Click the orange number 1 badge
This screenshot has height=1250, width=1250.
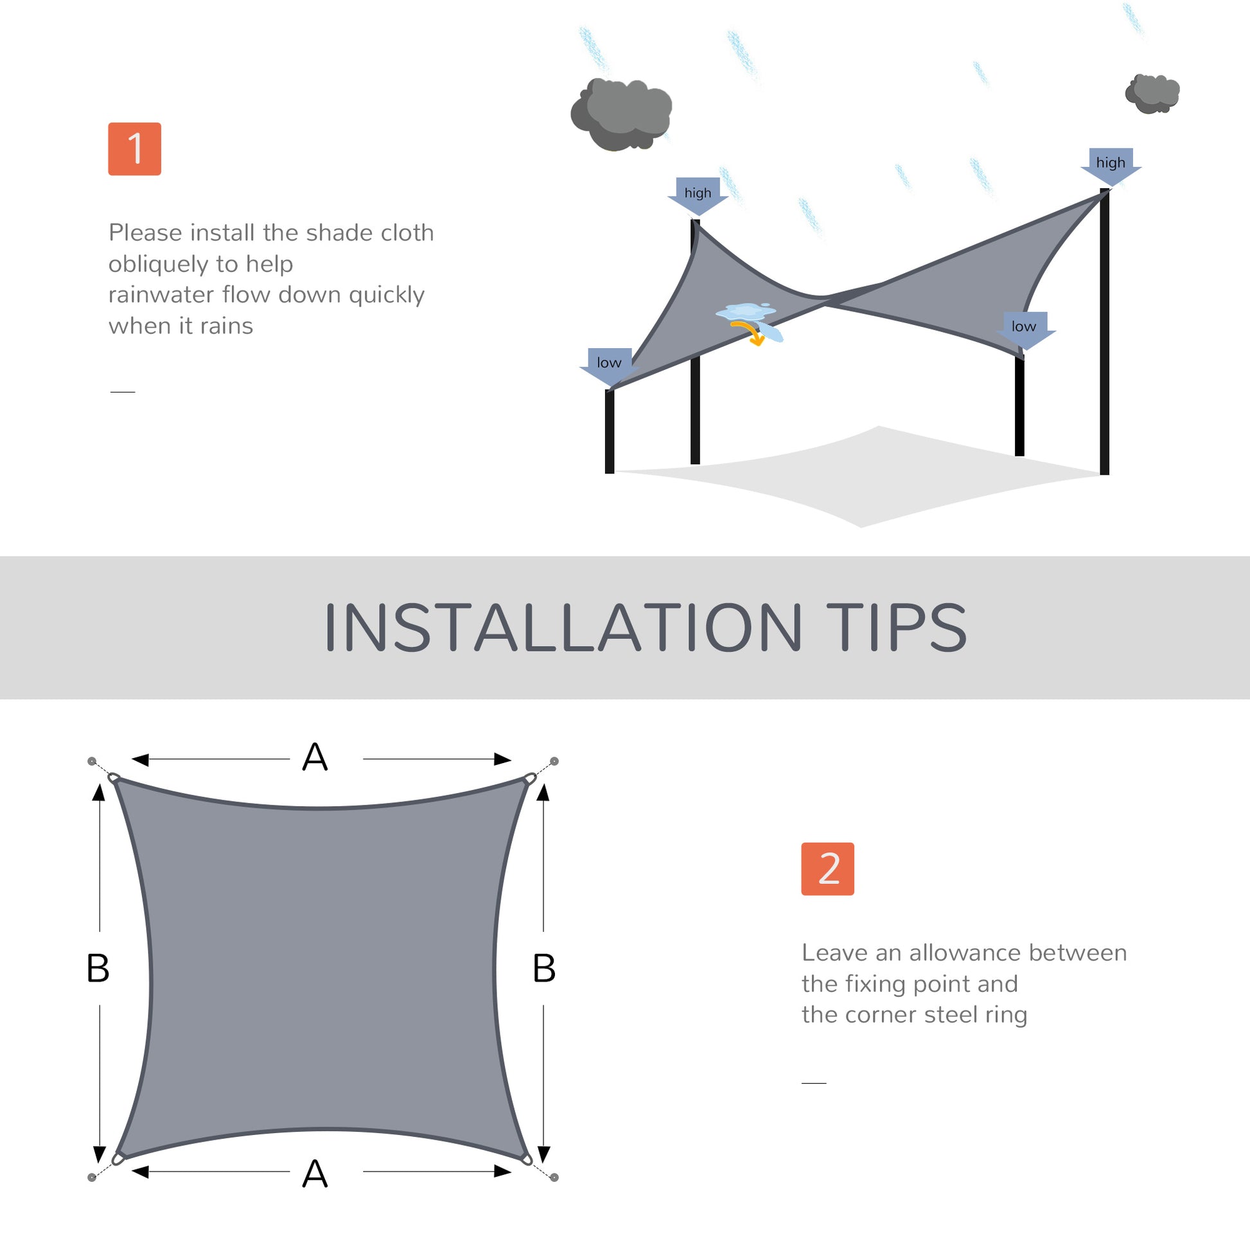coord(135,149)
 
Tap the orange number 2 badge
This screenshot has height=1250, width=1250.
coord(827,869)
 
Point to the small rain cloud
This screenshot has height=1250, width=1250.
coord(1152,94)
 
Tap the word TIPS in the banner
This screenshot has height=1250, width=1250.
coord(896,628)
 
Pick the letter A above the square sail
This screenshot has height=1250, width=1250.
coord(315,757)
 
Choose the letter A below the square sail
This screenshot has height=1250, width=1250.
coord(315,1174)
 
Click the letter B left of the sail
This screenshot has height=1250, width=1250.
coord(98,969)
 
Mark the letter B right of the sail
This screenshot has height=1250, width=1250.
coord(544,969)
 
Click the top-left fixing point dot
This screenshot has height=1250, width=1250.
coord(92,761)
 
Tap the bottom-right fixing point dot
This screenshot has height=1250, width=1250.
coord(554,1177)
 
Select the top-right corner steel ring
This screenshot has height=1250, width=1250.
coord(530,779)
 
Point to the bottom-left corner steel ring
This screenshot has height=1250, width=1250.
coord(117,1159)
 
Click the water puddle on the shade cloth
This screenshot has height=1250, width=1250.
coord(745,311)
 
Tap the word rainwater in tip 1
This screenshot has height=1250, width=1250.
coord(162,295)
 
